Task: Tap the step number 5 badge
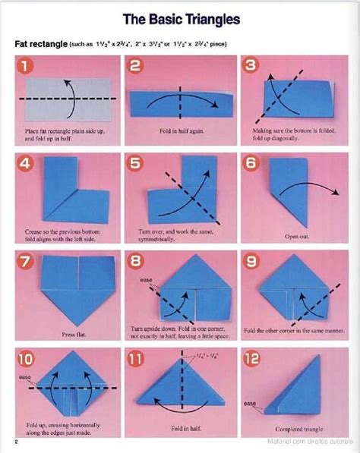pyautogui.click(x=137, y=163)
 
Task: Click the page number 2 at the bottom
pyautogui.click(x=15, y=442)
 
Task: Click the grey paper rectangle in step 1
pyautogui.click(x=67, y=99)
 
